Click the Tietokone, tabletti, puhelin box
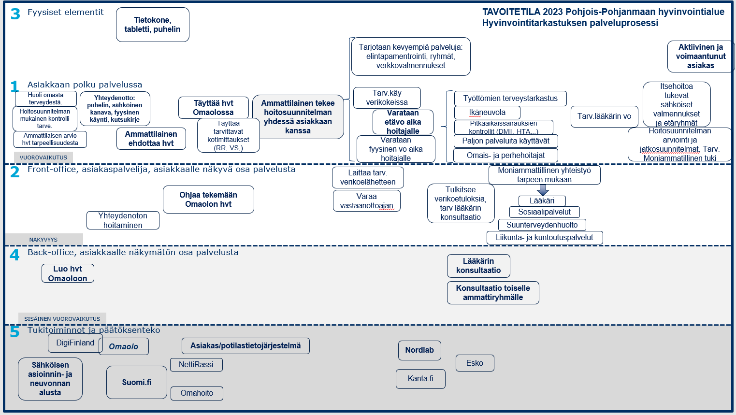coord(152,25)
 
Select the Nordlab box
coord(419,350)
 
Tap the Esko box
coord(475,363)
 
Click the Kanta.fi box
coord(420,379)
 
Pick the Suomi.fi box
coord(137,383)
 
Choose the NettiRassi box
coord(196,365)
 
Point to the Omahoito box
coord(197,393)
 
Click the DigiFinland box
coord(75,343)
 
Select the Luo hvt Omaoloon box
coord(68,273)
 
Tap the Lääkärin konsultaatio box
coord(478,266)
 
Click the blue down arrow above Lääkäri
coord(543,190)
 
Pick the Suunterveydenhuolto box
coord(542,225)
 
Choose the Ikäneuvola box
coord(487,113)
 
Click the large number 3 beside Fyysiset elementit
coord(15,14)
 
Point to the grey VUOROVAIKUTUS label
coord(43,157)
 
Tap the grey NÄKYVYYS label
coord(44,239)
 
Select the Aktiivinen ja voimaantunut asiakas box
coord(701,57)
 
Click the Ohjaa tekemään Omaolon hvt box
coord(208,200)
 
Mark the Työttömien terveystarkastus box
coord(510,99)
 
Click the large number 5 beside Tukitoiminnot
coord(15,332)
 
